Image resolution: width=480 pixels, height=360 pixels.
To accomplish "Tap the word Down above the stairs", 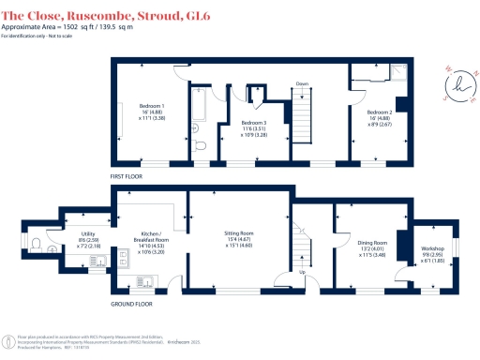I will click(302, 82).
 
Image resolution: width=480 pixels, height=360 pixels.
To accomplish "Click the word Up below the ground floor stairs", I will click(300, 274).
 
